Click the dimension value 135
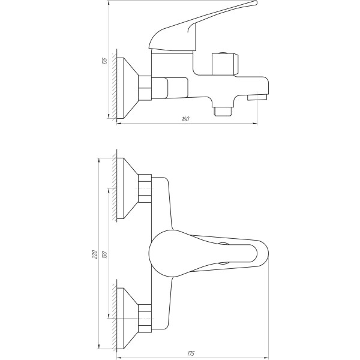104,61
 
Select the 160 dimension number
185,119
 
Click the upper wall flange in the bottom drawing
128,190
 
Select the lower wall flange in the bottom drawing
128,318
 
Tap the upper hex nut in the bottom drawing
146,190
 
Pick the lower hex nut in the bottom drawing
146,318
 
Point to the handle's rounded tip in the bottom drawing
262,254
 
